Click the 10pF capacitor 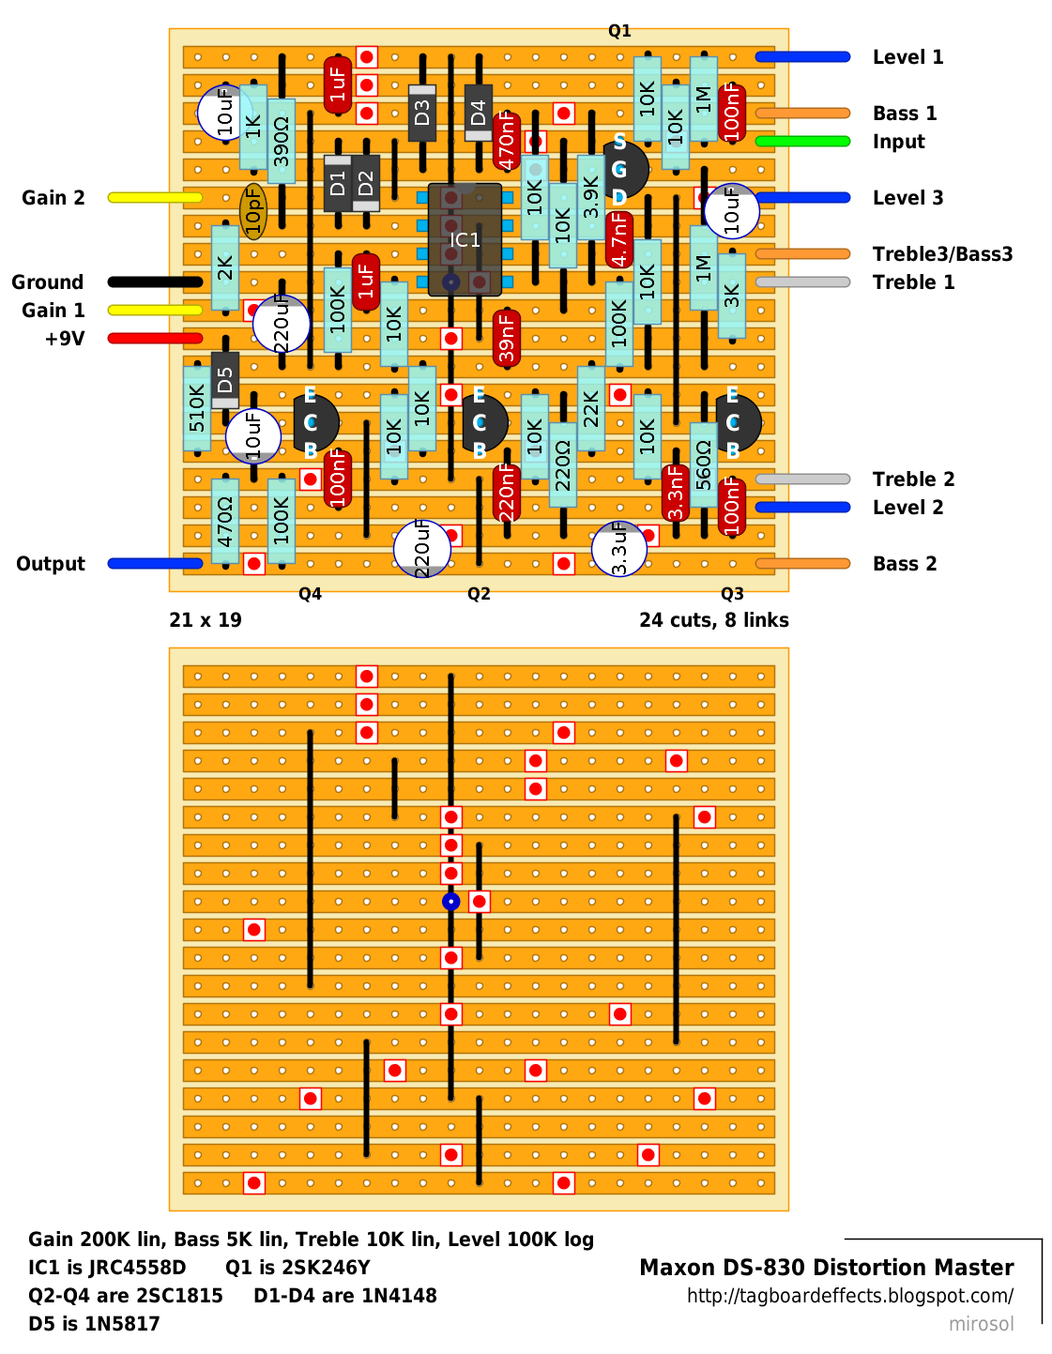253,212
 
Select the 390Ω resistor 282,141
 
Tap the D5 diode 225,380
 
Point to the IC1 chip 465,240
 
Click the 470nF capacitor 507,141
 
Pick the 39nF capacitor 507,339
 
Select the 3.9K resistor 591,198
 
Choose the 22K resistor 591,408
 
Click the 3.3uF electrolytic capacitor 618,549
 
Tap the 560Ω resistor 704,464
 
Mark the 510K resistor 197,408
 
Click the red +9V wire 155,339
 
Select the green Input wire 802,142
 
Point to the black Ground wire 155,282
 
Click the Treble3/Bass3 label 942,254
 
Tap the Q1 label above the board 619,31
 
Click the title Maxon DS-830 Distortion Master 827,1268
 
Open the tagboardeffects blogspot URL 850,1296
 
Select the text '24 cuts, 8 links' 714,620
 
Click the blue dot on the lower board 450,901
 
